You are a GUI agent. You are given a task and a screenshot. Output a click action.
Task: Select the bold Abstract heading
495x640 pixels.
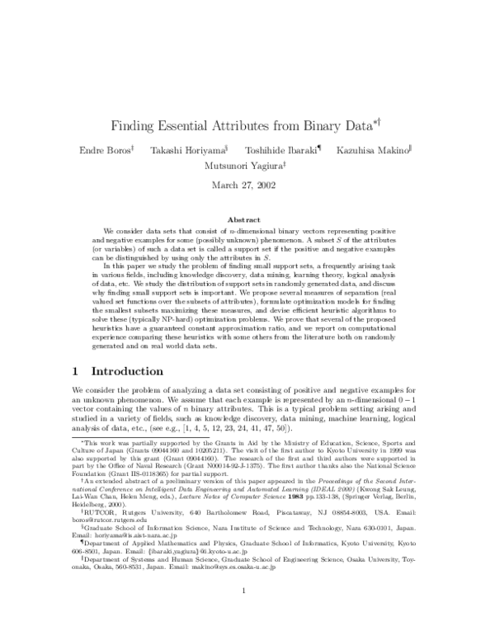click(x=247, y=220)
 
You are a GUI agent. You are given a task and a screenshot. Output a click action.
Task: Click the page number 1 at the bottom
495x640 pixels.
click(x=247, y=614)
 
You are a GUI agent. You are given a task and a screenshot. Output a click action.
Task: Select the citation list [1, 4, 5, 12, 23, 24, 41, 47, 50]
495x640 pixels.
click(x=243, y=430)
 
